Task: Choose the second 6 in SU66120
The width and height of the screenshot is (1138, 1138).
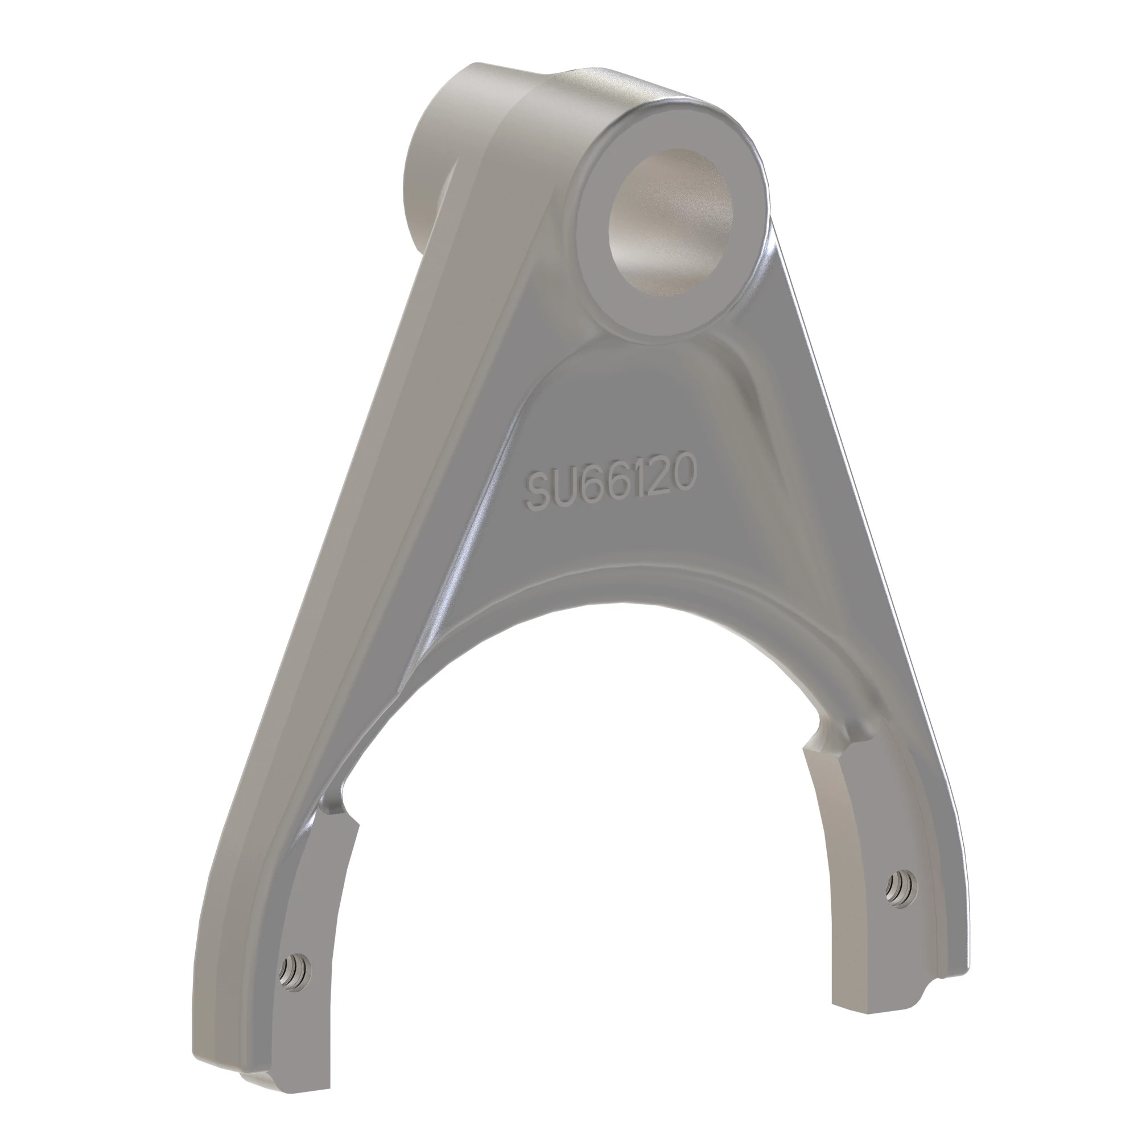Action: point(629,475)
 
